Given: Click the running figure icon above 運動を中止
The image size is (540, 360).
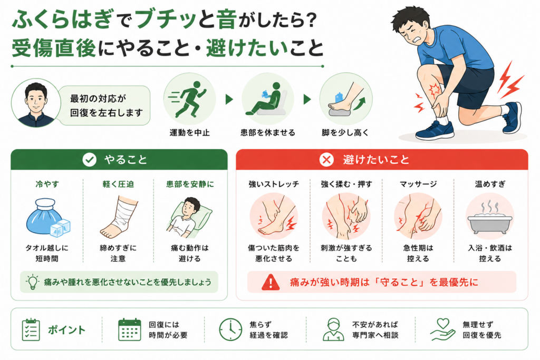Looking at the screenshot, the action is click(188, 99).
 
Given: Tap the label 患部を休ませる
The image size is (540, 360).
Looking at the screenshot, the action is click(267, 132).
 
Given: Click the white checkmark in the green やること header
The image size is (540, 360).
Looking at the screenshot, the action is click(89, 160).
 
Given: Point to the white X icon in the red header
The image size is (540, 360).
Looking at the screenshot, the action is click(326, 160).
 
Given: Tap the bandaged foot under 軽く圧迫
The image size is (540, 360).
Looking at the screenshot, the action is click(119, 217).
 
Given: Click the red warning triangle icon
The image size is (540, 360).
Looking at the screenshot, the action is click(271, 283).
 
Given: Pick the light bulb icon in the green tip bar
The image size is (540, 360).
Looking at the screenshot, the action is click(32, 282).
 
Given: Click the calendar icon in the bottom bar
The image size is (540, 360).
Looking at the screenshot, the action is click(130, 330).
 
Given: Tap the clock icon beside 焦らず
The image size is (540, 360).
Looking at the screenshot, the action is click(230, 330).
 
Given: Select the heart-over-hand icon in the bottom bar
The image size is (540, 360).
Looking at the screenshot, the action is click(442, 330).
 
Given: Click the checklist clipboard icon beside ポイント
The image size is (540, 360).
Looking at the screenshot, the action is click(31, 330).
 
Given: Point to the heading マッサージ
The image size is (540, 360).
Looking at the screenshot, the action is click(418, 184).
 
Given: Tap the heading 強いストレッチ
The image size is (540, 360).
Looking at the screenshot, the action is click(274, 184).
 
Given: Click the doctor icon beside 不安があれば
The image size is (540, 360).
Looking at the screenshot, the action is click(333, 330).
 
